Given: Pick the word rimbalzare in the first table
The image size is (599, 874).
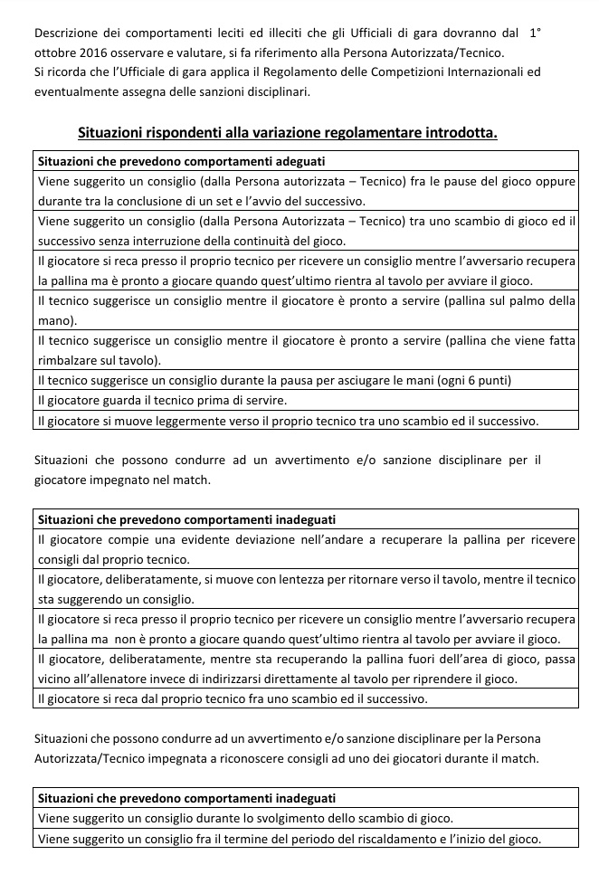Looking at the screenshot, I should [x=71, y=360].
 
